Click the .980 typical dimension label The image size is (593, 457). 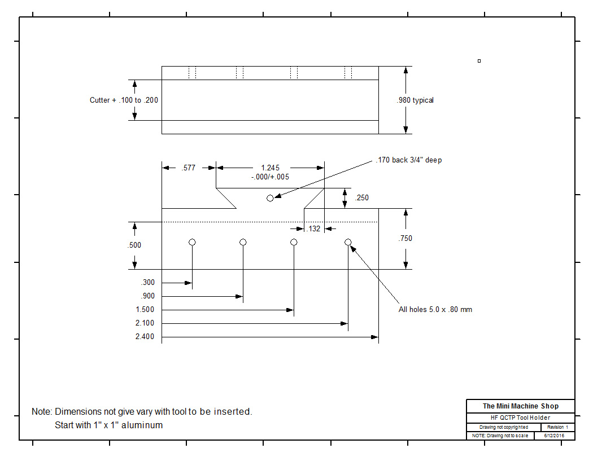click(415, 100)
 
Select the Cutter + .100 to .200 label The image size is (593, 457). click(124, 100)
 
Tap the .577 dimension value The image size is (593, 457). click(189, 168)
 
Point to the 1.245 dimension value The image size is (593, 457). click(270, 168)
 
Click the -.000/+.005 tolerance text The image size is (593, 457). click(270, 177)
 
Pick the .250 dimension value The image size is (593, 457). click(361, 198)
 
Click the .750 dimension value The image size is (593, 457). click(405, 239)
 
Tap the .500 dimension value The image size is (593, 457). click(134, 245)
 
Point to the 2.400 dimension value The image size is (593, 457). click(145, 337)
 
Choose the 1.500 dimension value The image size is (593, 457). click(145, 310)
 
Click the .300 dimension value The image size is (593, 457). click(147, 283)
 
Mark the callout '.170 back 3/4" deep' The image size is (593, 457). click(408, 160)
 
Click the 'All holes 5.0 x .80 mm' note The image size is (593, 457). click(435, 310)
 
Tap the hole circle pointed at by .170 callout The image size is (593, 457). click(270, 198)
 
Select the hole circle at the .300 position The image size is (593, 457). click(192, 242)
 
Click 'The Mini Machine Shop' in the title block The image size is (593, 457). click(520, 406)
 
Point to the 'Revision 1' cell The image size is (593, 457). click(557, 428)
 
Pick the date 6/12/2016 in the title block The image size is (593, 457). click(554, 436)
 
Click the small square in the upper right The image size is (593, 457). click(479, 61)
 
